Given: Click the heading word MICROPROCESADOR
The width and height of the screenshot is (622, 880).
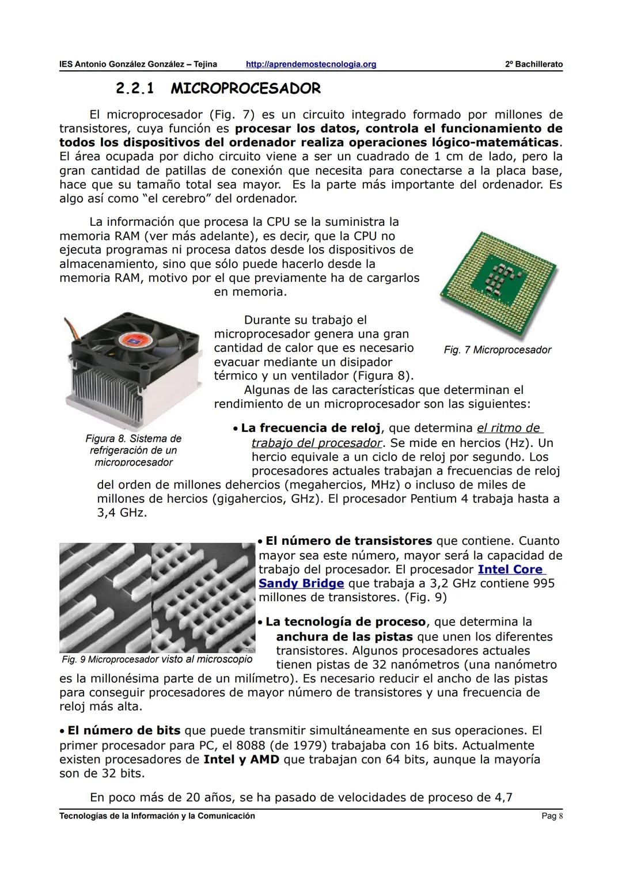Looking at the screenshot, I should tap(246, 89).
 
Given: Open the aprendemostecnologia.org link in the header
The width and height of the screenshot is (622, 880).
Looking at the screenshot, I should tap(310, 64).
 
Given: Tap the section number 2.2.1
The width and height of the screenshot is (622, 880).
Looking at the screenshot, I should tap(135, 89).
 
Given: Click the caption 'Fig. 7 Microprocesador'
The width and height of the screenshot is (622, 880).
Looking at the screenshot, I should tap(497, 350).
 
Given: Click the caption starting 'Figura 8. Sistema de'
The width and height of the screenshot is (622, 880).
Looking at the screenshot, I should tap(133, 439).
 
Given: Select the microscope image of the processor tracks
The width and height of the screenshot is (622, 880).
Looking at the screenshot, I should tap(157, 597).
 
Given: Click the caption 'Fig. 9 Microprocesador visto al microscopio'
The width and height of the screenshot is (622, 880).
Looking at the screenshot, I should tap(157, 659).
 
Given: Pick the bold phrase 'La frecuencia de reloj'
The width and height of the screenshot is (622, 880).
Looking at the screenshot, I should tap(310, 428).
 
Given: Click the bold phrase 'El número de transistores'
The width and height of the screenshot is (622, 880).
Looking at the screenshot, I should tap(348, 541).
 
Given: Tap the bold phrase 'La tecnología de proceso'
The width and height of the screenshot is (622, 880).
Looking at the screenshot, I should tap(346, 622).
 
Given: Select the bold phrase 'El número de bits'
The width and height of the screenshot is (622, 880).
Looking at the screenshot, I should tap(124, 730).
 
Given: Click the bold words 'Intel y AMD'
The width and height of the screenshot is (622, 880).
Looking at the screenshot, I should tap(241, 759).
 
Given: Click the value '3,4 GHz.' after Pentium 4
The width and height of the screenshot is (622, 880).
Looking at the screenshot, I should tap(122, 513).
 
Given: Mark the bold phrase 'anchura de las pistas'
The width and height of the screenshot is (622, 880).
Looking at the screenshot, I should tap(344, 636).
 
